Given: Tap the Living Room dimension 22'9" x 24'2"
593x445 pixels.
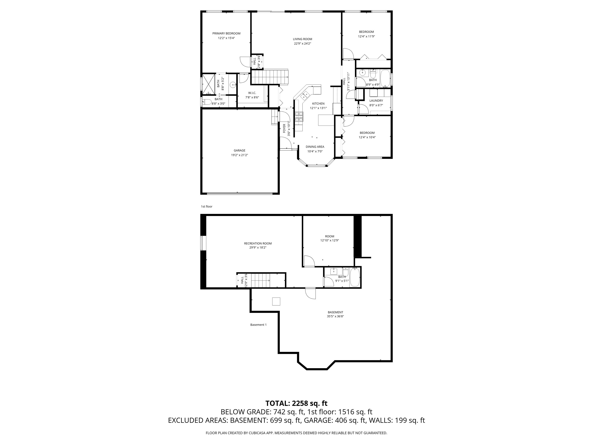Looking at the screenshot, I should pyautogui.click(x=302, y=43).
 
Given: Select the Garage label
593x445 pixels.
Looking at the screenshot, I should pyautogui.click(x=239, y=150).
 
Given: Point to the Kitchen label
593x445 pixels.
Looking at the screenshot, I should pyautogui.click(x=318, y=104).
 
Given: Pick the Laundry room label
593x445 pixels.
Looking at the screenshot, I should pyautogui.click(x=376, y=101).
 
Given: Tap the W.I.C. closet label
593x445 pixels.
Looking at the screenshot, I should pyautogui.click(x=252, y=93).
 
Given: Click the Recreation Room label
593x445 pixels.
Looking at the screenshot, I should pyautogui.click(x=258, y=243).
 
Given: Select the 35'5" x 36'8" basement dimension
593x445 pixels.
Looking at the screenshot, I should pyautogui.click(x=335, y=316).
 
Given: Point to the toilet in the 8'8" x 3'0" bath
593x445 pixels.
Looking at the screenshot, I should pyautogui.click(x=206, y=102).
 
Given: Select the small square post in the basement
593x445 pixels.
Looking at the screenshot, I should pyautogui.click(x=276, y=301).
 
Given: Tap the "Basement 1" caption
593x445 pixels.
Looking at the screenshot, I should pyautogui.click(x=258, y=324).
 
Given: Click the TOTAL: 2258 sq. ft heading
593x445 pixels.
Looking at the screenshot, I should pyautogui.click(x=296, y=403).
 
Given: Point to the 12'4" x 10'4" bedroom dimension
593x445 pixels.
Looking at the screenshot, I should pyautogui.click(x=367, y=137).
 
